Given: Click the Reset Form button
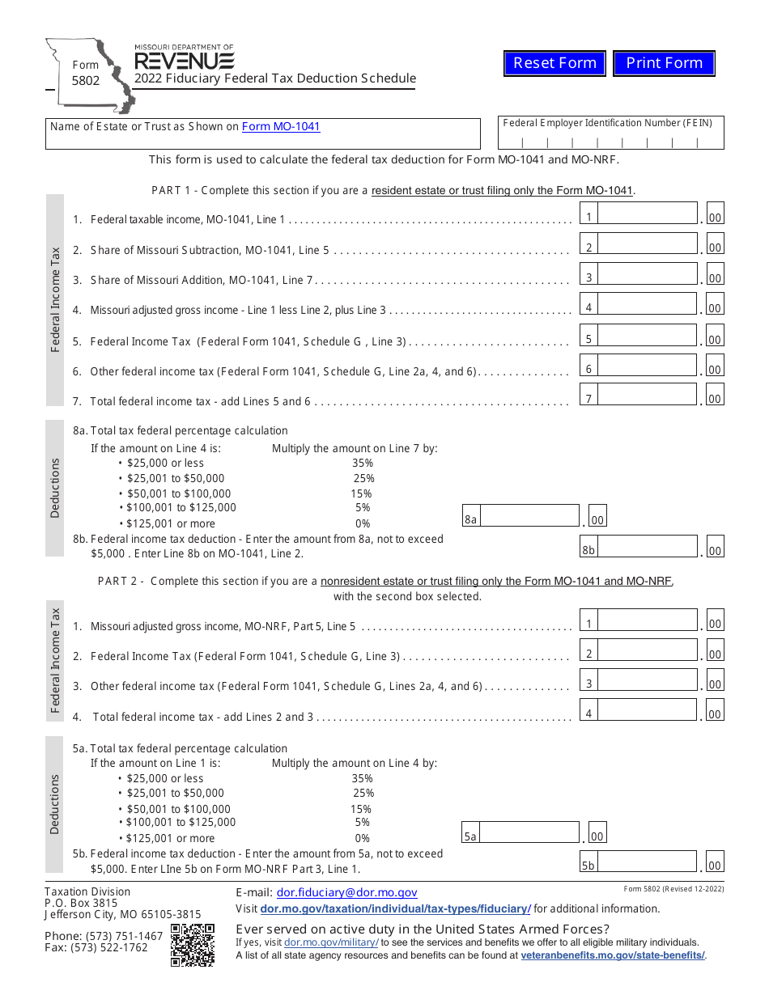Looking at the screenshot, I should pos(554,63).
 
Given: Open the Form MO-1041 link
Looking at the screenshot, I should pos(281,126).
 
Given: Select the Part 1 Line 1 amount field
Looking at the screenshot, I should pos(647,217).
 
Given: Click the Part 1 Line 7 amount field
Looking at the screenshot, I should pos(647,398).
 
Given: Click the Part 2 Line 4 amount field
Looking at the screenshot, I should pos(647,713).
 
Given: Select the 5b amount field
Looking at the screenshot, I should pos(647,865).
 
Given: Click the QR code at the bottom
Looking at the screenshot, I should pos(193,945).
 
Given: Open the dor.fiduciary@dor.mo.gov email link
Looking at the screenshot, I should pos(346,893).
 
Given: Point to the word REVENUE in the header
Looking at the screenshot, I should pos(185,61).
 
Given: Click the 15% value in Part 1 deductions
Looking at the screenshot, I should pos(361,493).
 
